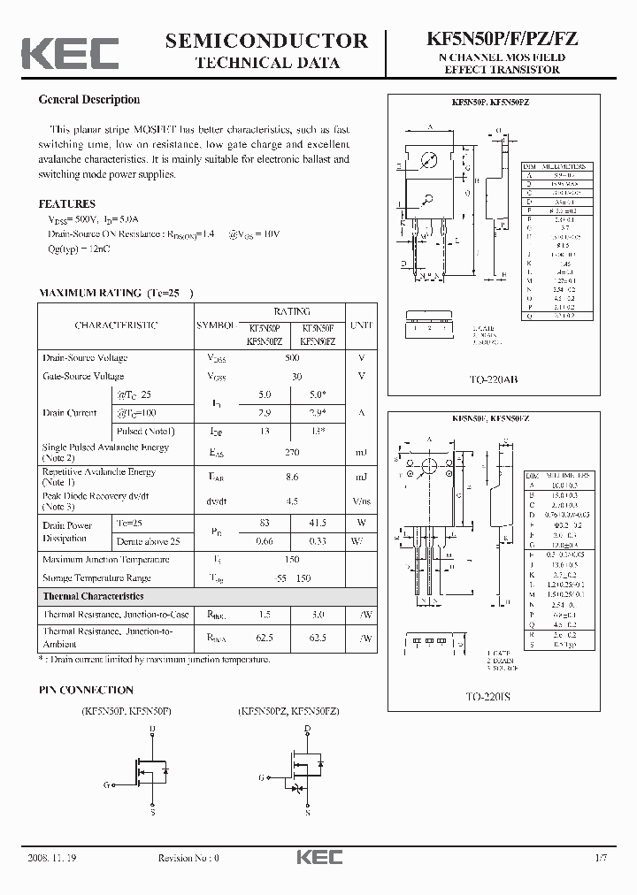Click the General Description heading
[x=89, y=100]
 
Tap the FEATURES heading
[x=67, y=203]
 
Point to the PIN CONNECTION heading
[x=86, y=690]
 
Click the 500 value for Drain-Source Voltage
[x=292, y=358]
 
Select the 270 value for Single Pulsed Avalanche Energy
[x=292, y=452]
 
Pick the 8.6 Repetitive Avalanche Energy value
[x=292, y=477]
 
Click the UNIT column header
[x=361, y=325]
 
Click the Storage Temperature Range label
[x=96, y=578]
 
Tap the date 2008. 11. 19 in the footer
[x=54, y=858]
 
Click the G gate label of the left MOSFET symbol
[x=106, y=784]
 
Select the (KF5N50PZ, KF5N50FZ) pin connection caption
[x=288, y=710]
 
